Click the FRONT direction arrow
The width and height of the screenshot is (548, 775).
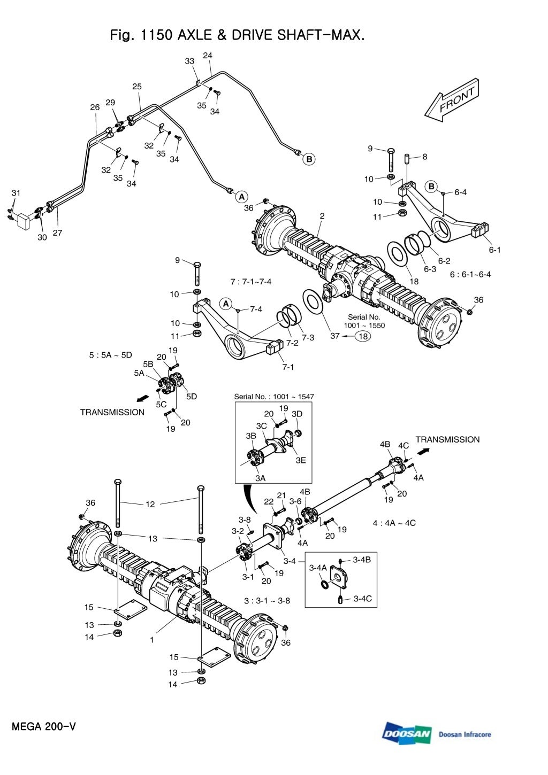(452, 101)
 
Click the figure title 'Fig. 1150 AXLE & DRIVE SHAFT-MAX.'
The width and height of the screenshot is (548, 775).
(237, 36)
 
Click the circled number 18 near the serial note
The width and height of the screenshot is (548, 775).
(363, 336)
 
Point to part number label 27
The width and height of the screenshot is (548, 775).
(57, 233)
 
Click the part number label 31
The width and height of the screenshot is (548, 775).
(16, 193)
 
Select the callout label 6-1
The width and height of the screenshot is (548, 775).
(494, 250)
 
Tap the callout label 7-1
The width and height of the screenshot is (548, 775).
(288, 367)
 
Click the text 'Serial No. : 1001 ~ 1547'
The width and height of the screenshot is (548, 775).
(274, 397)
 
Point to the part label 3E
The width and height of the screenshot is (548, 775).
(300, 460)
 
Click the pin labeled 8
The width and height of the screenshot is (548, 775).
(407, 159)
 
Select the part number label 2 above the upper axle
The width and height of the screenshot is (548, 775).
(322, 216)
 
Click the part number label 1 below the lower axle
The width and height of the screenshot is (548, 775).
(152, 639)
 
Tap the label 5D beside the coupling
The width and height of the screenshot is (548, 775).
(191, 397)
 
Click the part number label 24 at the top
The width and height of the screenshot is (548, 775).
(208, 56)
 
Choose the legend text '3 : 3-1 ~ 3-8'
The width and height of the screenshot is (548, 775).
(267, 600)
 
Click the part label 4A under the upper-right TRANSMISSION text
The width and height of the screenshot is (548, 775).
(418, 477)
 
